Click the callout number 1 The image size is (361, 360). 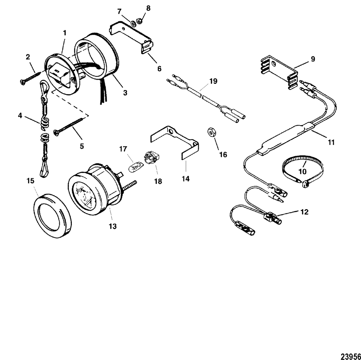(65, 33)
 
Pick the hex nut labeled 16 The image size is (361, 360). (210, 132)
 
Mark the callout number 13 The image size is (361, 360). (113, 226)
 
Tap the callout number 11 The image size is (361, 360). (330, 142)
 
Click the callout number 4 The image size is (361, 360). (20, 116)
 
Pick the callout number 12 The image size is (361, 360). (305, 212)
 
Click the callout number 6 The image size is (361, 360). (159, 69)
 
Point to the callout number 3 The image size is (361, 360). (125, 93)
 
